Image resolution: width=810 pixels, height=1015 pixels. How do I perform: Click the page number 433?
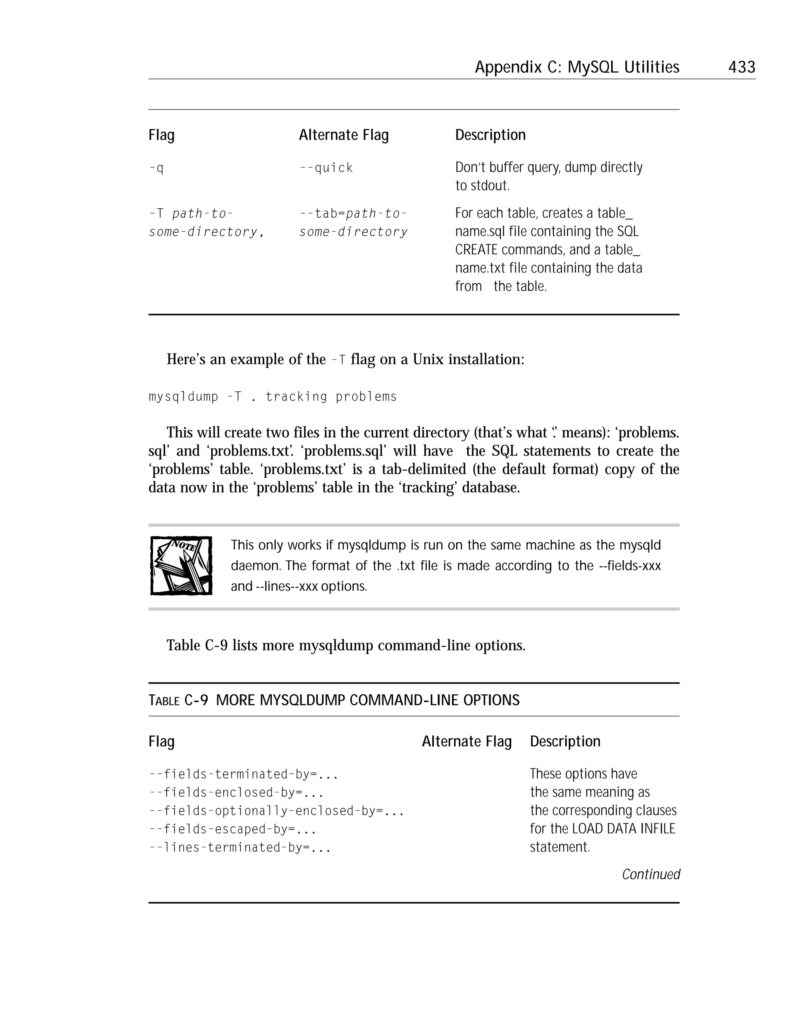tap(741, 67)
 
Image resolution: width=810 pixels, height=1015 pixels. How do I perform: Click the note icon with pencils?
tap(181, 565)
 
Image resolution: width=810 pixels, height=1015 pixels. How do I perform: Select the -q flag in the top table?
tap(156, 168)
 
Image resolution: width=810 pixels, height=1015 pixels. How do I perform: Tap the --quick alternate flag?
tap(326, 168)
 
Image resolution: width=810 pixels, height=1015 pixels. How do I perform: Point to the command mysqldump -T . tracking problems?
tap(273, 397)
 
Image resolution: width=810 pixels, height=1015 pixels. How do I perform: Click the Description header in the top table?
tap(490, 135)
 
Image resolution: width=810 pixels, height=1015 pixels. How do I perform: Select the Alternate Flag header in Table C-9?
tap(466, 741)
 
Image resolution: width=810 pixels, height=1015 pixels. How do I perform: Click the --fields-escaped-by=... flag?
tap(232, 829)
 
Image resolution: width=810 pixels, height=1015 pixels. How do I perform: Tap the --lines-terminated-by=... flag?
tap(240, 847)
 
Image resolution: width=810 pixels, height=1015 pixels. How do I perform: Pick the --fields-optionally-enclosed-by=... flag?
tap(276, 811)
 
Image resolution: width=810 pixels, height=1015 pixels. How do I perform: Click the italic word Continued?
tap(651, 874)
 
